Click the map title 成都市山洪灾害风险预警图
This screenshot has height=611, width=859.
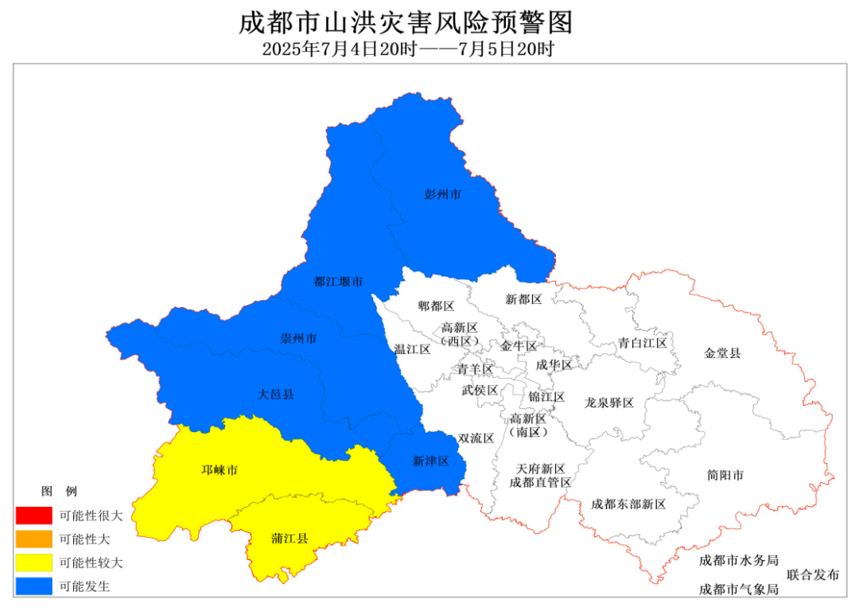pos(406,21)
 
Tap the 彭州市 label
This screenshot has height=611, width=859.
pos(443,194)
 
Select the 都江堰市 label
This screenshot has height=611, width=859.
pos(338,282)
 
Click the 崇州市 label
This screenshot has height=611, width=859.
pos(298,339)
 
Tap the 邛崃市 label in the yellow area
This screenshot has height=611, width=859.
pos(219,470)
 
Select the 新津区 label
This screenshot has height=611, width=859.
pos(431,461)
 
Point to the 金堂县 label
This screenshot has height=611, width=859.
pos(722,352)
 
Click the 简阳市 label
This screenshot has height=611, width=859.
pos(725,475)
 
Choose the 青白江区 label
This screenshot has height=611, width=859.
pos(643,343)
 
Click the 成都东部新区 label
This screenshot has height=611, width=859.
pos(628,504)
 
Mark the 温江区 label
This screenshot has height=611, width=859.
pos(412,348)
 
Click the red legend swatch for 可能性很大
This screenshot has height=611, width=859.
pos(33,516)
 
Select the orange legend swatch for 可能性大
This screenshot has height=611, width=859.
pos(33,539)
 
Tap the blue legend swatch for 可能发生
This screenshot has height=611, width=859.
pos(33,587)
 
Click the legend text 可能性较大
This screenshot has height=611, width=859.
pos(91,563)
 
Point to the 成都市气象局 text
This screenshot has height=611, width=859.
pos(738,590)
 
